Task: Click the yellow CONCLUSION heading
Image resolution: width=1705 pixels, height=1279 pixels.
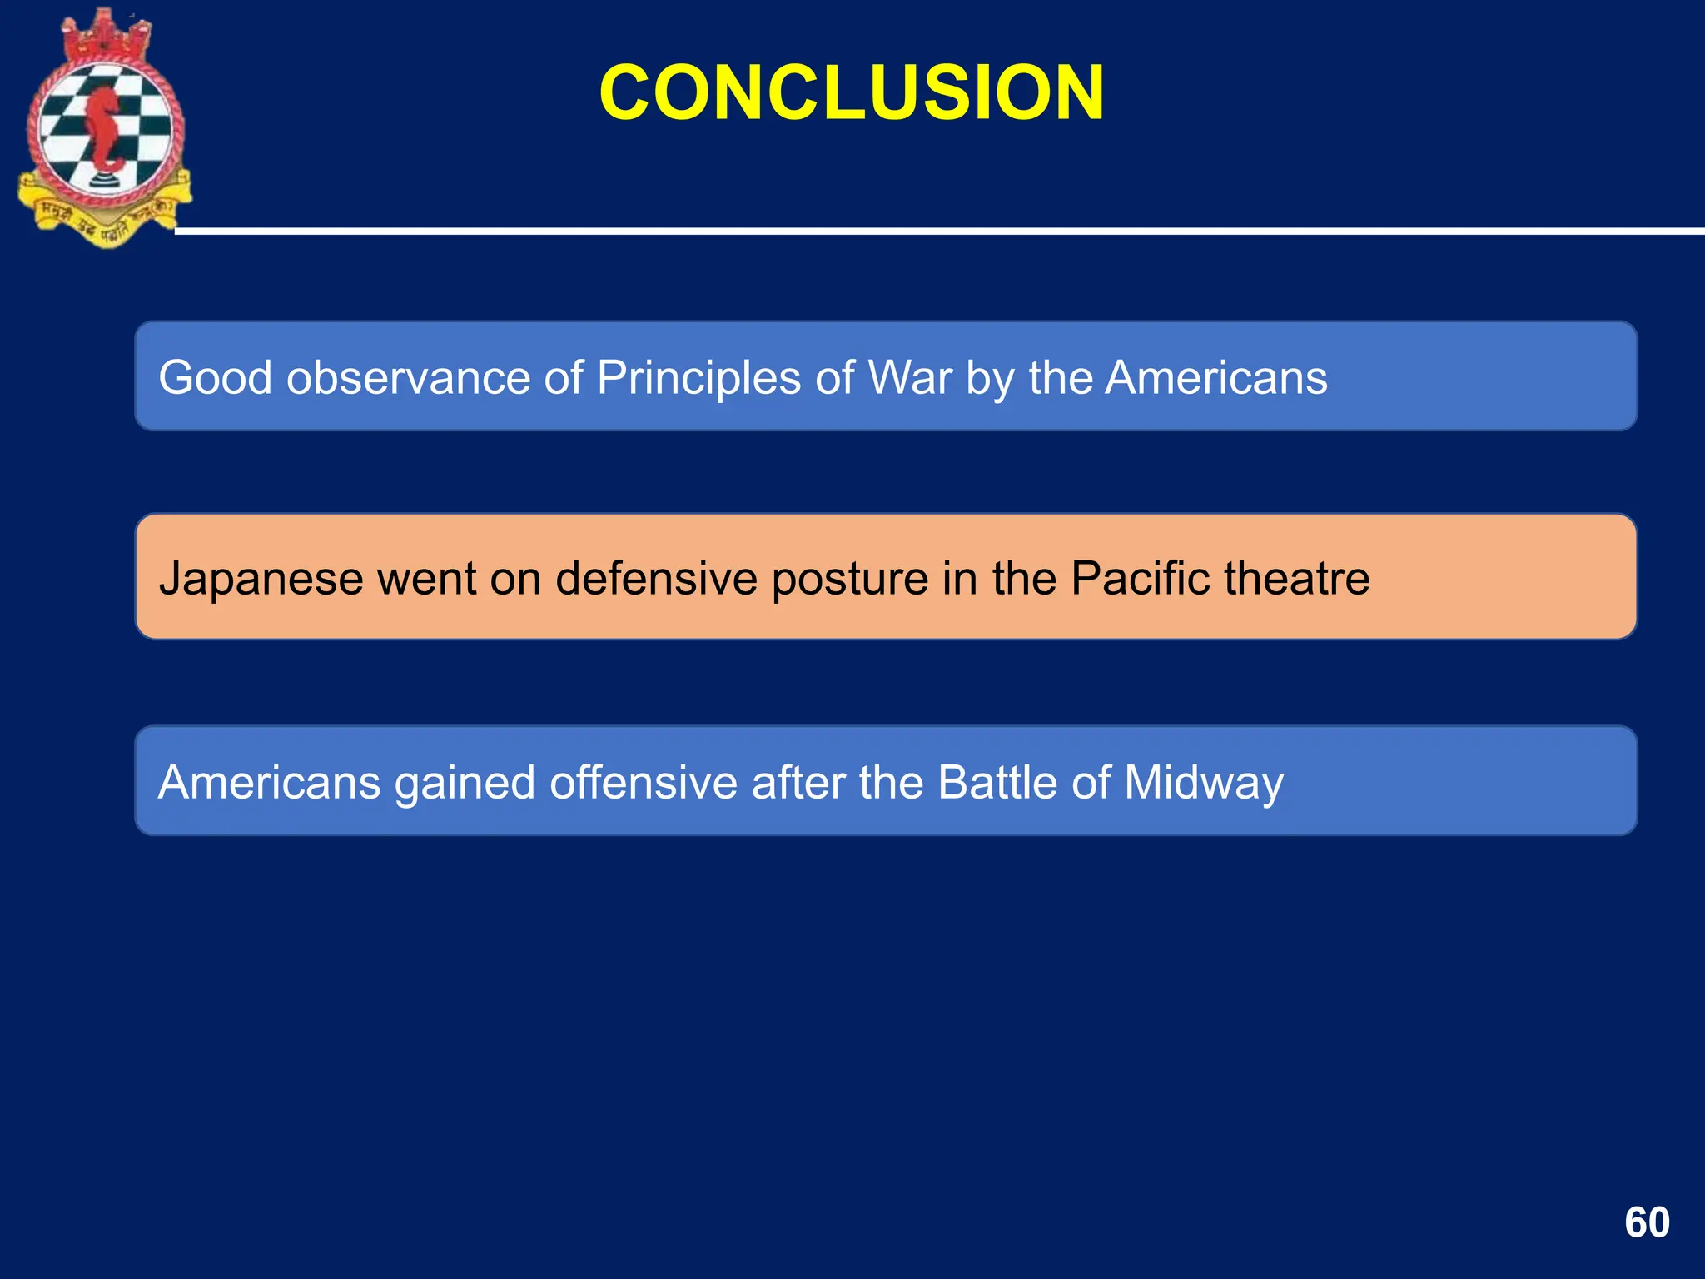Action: point(851,92)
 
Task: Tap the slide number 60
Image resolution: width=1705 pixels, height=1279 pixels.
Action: point(1647,1222)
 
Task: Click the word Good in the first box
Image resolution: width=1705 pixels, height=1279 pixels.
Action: point(215,377)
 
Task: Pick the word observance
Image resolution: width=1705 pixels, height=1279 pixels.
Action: point(407,377)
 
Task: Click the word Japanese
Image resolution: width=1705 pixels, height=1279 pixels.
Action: point(261,578)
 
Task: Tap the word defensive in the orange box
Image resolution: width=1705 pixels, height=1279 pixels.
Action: point(656,578)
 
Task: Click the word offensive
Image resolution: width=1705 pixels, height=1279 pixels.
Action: point(643,782)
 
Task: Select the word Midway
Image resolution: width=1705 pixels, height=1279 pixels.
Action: point(1203,784)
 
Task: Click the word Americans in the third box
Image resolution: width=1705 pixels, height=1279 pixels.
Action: point(269,782)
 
